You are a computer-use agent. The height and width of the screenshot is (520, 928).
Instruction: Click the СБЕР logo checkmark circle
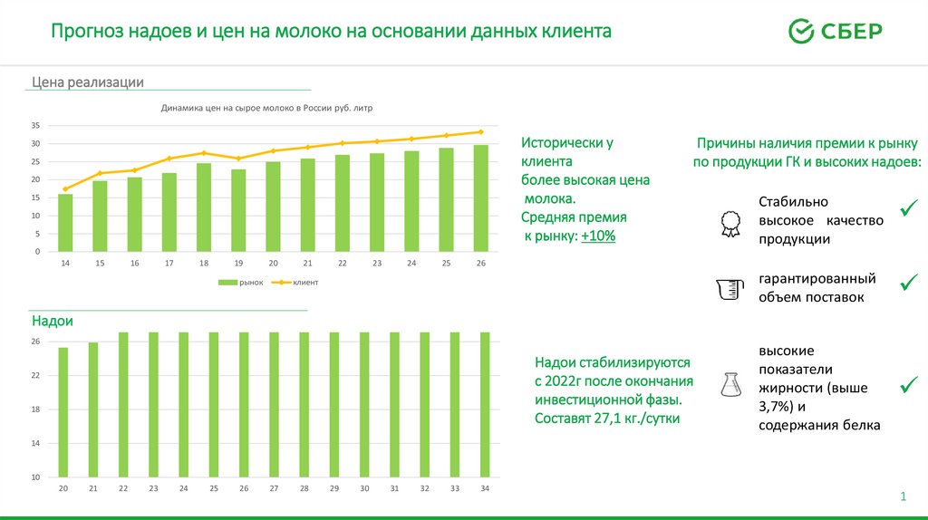[801, 31]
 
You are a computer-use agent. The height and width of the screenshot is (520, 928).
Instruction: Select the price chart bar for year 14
[65, 223]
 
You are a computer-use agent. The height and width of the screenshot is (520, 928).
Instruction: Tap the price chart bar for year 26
[480, 198]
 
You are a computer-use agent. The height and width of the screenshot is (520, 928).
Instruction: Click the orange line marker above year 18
[204, 153]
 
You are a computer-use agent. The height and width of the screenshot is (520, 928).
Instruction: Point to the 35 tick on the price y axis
[35, 125]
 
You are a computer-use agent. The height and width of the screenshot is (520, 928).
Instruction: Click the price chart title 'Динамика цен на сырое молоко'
[266, 107]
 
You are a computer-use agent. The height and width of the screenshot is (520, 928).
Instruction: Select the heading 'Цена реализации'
[88, 82]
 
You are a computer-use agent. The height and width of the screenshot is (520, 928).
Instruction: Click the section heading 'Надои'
[53, 322]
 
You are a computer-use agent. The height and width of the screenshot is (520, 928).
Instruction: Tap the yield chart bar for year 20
[63, 412]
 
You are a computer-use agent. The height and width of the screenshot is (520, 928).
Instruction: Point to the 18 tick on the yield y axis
[35, 409]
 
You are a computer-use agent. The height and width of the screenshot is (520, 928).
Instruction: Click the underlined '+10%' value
[598, 236]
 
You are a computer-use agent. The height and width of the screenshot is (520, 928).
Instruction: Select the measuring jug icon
[729, 289]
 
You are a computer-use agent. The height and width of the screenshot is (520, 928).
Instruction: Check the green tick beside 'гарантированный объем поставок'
[908, 284]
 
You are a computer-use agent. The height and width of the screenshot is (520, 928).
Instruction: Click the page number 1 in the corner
[903, 496]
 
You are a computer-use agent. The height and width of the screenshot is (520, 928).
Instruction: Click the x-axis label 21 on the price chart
[307, 263]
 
